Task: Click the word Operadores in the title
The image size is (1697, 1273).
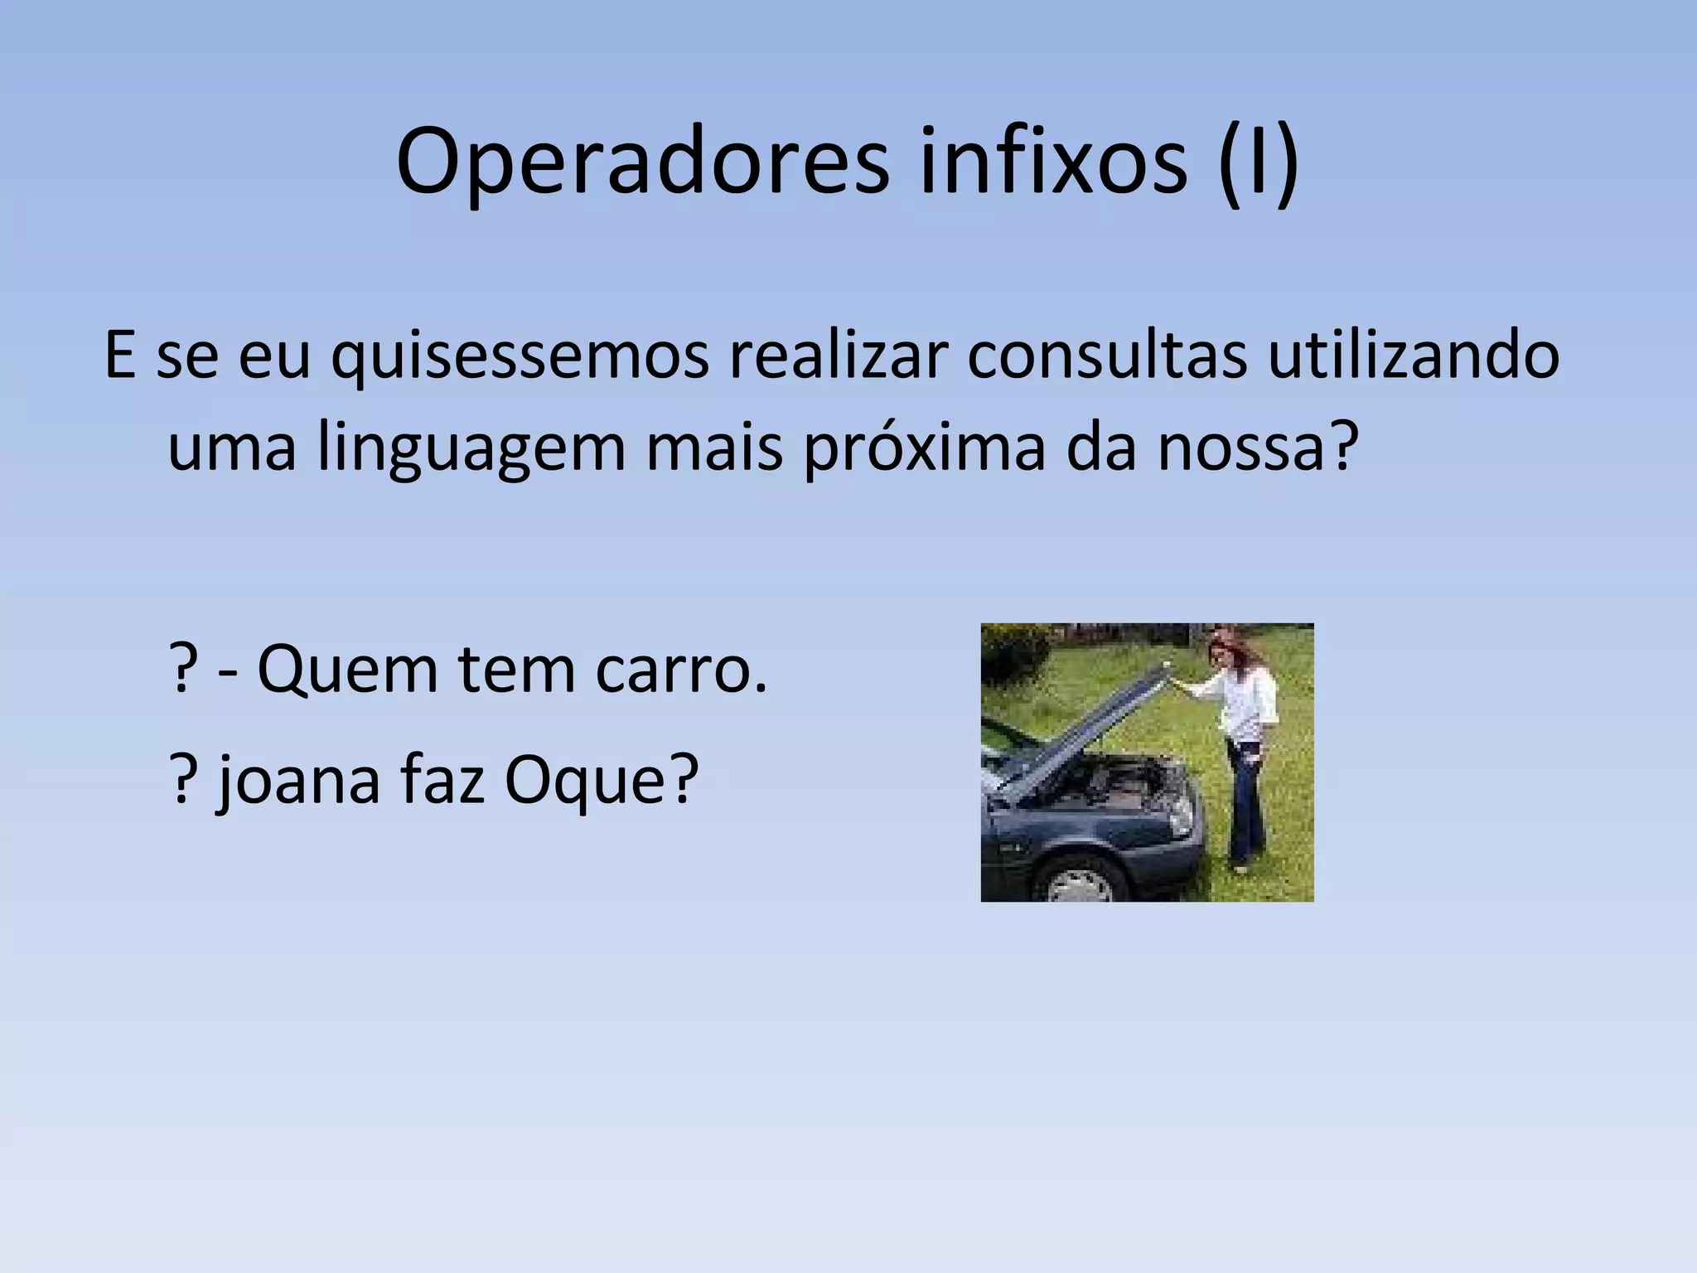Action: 643,163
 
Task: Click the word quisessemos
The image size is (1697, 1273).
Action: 520,357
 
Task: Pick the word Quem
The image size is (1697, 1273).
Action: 347,669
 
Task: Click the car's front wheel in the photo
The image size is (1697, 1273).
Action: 1080,881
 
